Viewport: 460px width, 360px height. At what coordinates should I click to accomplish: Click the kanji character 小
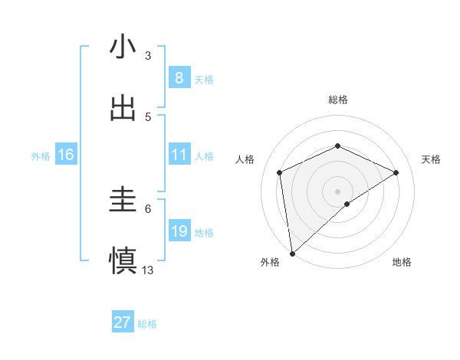[x=123, y=47]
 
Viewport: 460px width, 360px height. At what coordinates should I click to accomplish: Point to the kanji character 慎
[x=123, y=261]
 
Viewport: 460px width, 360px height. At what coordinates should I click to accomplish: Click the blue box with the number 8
[x=179, y=77]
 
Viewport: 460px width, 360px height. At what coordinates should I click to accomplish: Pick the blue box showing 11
[x=179, y=155]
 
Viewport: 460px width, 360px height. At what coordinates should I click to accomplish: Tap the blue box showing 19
[x=179, y=231]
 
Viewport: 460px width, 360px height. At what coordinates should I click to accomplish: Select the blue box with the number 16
[x=65, y=155]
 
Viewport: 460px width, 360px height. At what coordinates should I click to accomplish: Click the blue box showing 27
[x=122, y=322]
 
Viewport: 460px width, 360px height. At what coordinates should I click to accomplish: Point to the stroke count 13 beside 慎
[x=148, y=270]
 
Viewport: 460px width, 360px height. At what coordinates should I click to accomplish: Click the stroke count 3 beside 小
[x=148, y=55]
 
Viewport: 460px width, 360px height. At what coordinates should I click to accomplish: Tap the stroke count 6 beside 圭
[x=148, y=208]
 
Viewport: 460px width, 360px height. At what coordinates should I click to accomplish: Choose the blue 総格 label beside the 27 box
[x=147, y=324]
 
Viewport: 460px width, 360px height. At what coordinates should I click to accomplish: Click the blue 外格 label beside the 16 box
[x=41, y=156]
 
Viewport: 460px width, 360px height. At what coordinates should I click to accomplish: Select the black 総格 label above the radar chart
[x=337, y=100]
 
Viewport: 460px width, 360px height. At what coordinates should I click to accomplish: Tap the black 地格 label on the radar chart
[x=402, y=263]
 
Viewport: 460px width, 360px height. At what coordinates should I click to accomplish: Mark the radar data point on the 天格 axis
[x=396, y=172]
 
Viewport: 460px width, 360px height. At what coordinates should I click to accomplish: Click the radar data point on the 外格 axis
[x=292, y=253]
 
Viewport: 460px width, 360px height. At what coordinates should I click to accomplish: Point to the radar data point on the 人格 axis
[x=280, y=172]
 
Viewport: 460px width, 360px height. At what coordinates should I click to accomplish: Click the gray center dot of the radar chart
[x=337, y=191]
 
